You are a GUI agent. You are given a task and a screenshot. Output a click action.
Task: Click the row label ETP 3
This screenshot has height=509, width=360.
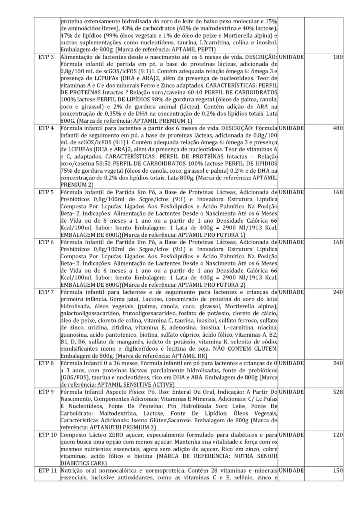(x=44, y=57)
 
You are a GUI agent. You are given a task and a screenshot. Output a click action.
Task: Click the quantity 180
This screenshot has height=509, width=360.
(x=338, y=57)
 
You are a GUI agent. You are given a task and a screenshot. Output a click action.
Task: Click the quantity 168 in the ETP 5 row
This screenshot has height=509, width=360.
(x=338, y=194)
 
